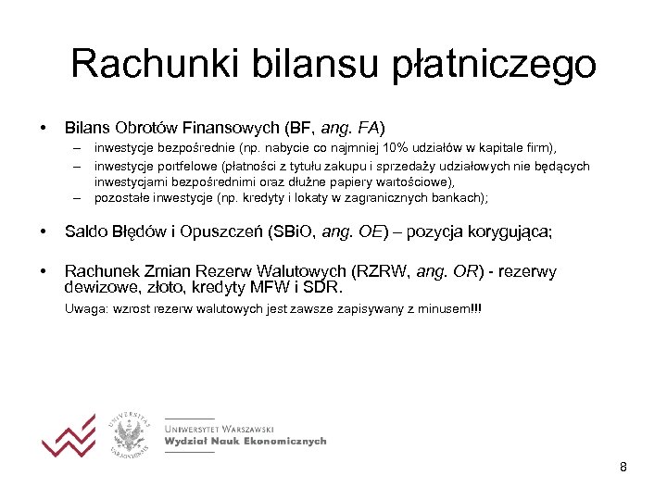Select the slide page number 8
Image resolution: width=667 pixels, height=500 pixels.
click(x=623, y=467)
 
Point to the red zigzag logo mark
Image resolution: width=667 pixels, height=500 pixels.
click(x=68, y=432)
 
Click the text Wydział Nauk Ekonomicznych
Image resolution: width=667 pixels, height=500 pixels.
click(x=245, y=442)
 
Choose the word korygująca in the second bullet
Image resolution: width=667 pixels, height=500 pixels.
click(x=506, y=231)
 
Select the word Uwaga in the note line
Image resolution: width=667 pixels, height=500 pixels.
click(x=83, y=307)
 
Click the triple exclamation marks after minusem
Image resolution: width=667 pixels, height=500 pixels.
click(x=476, y=307)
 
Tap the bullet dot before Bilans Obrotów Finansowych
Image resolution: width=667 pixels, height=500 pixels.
click(x=43, y=125)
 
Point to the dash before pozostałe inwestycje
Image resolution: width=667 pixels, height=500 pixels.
click(x=81, y=197)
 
